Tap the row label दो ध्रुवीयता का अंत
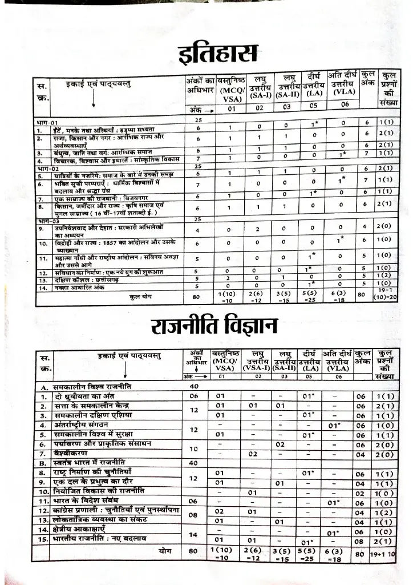click(91, 396)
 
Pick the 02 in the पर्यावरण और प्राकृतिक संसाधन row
click(280, 444)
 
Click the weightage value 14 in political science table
click(193, 535)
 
